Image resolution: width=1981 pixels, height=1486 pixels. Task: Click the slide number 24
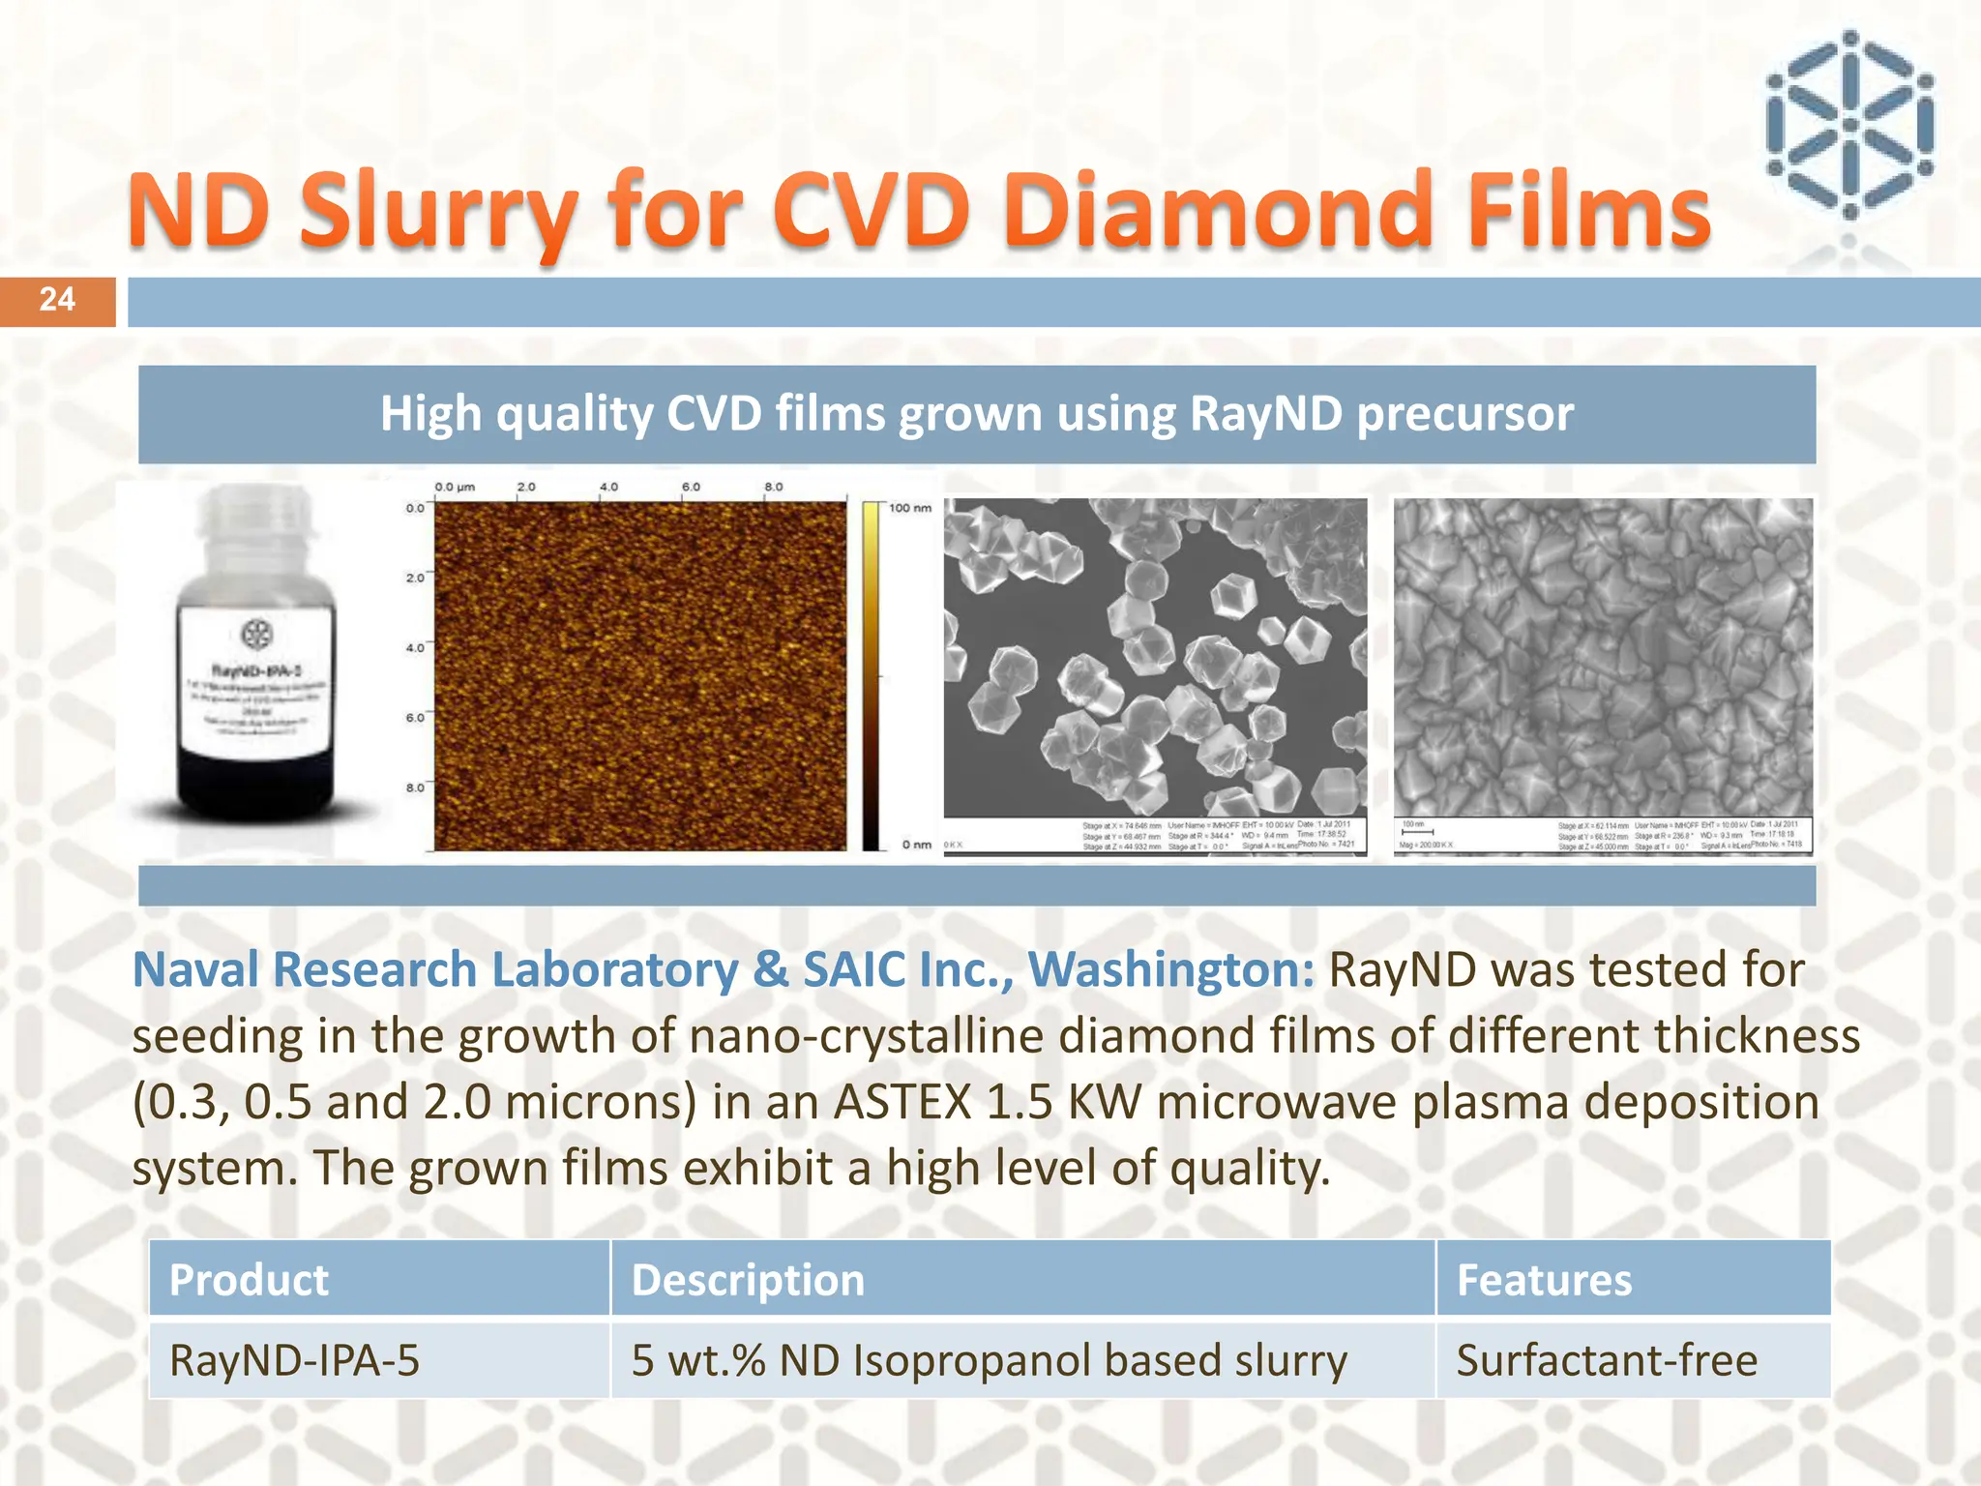point(57,300)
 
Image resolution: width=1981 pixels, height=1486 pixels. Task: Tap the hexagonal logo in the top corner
point(1848,126)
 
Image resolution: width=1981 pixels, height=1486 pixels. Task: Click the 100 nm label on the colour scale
point(909,508)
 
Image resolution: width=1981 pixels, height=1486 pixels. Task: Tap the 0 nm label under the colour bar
point(916,845)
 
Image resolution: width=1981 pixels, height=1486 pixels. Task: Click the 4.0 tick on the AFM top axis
point(608,487)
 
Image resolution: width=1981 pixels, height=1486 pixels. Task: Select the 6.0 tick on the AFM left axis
point(414,718)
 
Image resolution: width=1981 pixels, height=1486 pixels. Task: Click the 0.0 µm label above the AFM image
point(455,487)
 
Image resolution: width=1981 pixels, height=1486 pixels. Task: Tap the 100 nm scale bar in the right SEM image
point(1417,830)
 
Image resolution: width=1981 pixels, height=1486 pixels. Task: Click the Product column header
point(250,1280)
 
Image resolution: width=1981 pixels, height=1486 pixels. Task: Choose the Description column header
point(748,1280)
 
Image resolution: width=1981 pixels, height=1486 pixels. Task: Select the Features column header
point(1544,1280)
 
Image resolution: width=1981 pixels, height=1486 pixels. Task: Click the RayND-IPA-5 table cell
point(295,1360)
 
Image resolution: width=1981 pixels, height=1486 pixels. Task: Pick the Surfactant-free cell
point(1607,1360)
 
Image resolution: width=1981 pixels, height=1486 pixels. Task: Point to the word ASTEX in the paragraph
point(902,1102)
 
